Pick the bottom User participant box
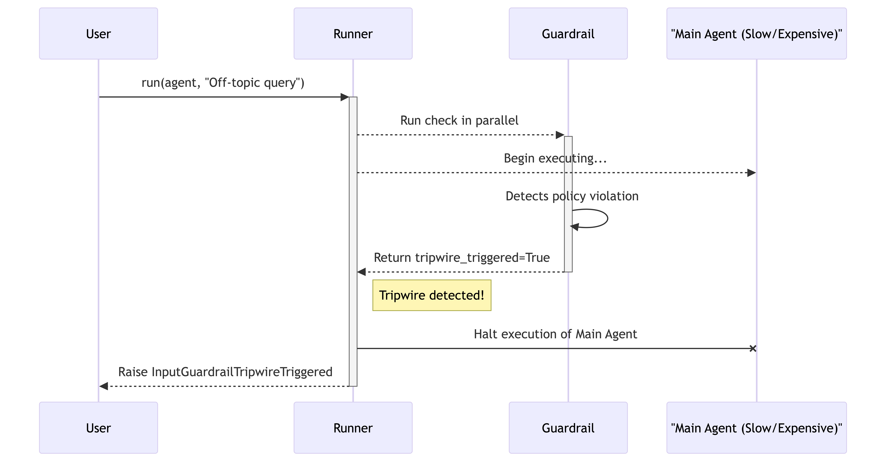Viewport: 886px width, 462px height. point(98,428)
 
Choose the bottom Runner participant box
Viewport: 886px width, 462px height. point(353,428)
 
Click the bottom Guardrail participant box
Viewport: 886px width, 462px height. point(568,428)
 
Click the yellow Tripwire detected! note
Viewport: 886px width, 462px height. point(432,295)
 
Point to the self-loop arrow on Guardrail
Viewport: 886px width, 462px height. point(607,218)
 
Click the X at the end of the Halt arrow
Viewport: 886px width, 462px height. point(753,348)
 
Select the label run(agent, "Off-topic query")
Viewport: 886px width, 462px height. point(223,83)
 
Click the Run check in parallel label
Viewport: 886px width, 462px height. point(459,120)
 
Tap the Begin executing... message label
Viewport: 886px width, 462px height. point(555,158)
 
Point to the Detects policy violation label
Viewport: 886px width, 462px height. point(572,196)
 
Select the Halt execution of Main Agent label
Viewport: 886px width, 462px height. point(555,334)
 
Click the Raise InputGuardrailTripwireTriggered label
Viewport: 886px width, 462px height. point(225,372)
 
